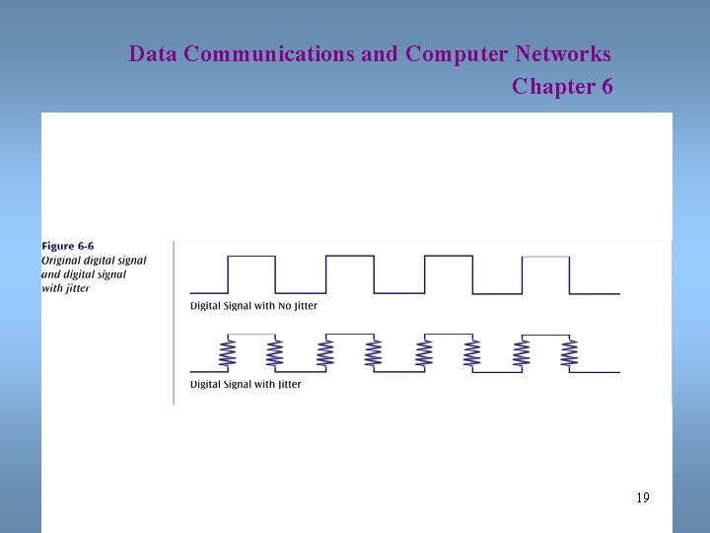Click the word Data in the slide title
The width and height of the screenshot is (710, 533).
click(x=153, y=53)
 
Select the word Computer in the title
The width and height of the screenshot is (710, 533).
click(x=450, y=53)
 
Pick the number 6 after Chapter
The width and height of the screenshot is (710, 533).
click(x=605, y=87)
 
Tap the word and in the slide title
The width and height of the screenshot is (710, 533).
click(x=380, y=53)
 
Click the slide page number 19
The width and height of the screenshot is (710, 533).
click(x=642, y=497)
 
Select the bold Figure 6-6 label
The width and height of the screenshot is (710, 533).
click(x=68, y=246)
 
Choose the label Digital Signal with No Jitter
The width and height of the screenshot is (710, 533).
click(x=253, y=306)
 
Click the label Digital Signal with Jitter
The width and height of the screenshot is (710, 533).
click(x=246, y=384)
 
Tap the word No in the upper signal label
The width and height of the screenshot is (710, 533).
click(x=286, y=306)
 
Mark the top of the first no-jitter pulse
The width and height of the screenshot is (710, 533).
click(x=251, y=257)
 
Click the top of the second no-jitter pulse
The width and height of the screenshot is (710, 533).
click(x=349, y=257)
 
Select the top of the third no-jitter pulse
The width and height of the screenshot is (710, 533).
click(x=449, y=257)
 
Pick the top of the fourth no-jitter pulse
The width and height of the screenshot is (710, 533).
click(x=545, y=257)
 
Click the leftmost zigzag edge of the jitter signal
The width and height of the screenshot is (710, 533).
click(x=227, y=352)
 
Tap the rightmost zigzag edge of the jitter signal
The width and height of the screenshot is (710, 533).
click(x=569, y=352)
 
